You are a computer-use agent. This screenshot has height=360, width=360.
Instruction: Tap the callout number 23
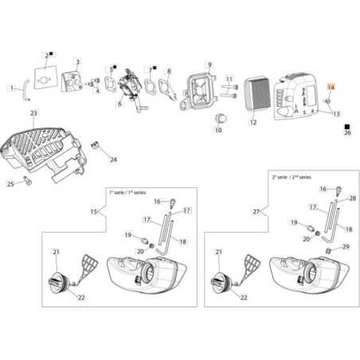tap(33, 114)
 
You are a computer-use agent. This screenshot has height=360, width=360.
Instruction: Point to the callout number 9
tap(209, 64)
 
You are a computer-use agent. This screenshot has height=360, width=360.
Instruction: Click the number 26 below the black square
tap(346, 134)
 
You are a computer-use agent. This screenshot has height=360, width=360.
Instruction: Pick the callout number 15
tap(94, 211)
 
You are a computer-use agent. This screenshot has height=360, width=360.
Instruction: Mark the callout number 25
tap(10, 184)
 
